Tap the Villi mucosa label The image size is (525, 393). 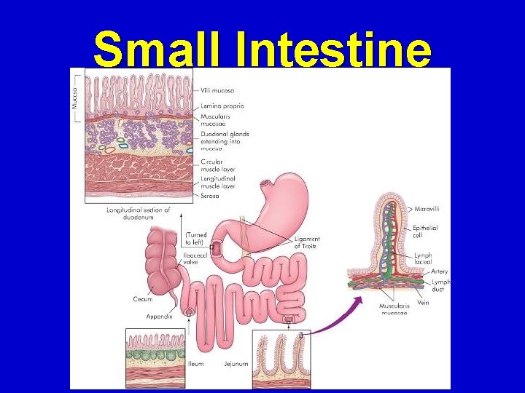[x=217, y=91]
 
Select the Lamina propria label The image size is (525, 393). [x=222, y=106]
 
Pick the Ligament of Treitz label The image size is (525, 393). [x=306, y=242]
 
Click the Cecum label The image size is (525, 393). [x=142, y=298]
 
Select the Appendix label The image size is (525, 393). [x=158, y=317]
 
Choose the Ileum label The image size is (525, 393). [x=196, y=364]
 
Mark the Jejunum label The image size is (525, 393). [x=236, y=364]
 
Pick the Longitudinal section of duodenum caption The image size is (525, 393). [x=138, y=214]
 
